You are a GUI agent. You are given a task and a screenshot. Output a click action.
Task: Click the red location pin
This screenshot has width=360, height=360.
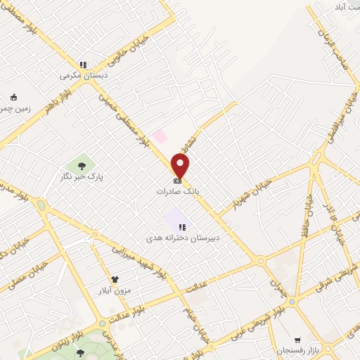pos(181,167)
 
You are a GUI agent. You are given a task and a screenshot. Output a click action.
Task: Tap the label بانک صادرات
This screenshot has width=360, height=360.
pos(178,191)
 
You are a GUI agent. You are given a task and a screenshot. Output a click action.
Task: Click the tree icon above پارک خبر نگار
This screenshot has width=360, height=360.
pos(82,166)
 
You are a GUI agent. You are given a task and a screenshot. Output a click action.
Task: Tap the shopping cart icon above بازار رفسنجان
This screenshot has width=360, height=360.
pos(298,339)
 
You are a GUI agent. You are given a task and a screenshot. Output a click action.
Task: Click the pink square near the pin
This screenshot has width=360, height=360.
pos(161,136)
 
